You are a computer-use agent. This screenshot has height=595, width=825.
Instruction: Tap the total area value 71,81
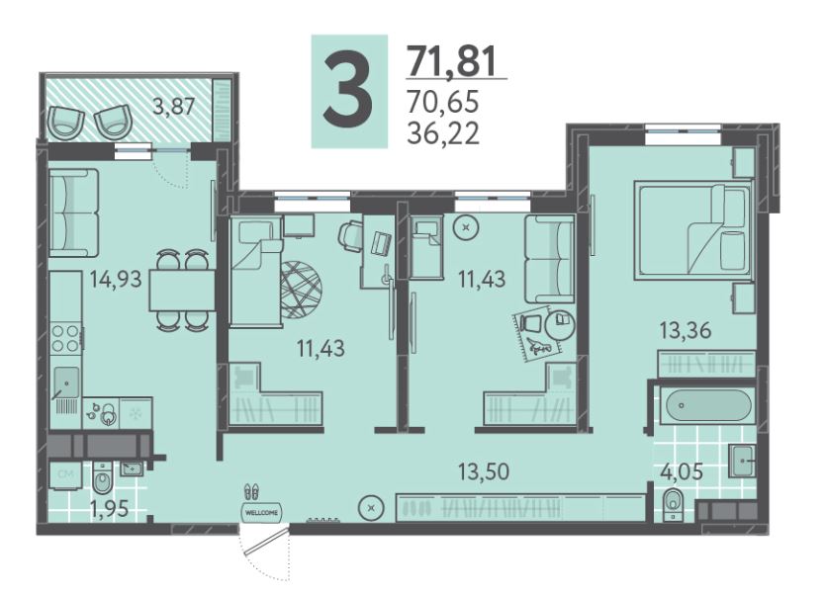(x=452, y=61)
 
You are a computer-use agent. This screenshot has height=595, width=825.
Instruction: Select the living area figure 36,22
(x=443, y=134)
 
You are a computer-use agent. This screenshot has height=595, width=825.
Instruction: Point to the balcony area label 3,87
(x=174, y=107)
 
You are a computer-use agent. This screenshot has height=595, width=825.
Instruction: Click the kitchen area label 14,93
(x=115, y=279)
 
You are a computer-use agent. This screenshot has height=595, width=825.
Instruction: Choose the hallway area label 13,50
(x=483, y=471)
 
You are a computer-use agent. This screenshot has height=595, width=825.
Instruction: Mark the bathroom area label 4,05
(x=681, y=471)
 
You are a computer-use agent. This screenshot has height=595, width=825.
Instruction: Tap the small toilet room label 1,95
(x=109, y=509)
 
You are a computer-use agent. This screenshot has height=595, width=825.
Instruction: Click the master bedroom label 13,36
(x=686, y=331)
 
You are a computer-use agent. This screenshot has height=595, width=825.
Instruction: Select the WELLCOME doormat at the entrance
(x=261, y=512)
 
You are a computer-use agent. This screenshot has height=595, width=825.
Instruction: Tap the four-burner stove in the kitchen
(x=66, y=338)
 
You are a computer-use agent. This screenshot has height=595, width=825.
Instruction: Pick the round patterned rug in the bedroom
(x=301, y=291)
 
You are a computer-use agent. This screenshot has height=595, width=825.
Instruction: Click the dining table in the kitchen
(x=182, y=291)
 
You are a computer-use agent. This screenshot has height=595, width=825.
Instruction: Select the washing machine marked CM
(x=65, y=475)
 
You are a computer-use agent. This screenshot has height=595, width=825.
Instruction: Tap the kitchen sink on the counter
(x=65, y=382)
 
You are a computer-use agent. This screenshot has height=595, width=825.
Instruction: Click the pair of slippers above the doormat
(x=251, y=492)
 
